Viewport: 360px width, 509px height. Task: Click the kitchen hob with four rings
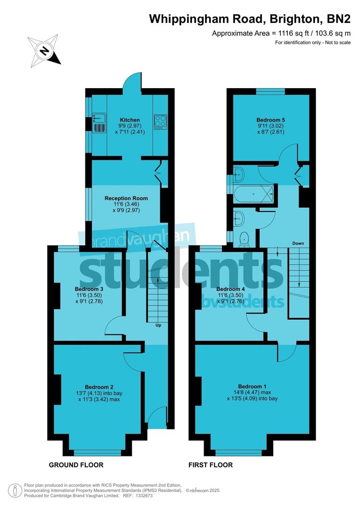[x=160, y=122]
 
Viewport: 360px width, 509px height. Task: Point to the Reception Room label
[x=123, y=198]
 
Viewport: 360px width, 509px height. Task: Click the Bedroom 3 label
[x=89, y=289]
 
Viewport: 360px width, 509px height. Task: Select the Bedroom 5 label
[x=270, y=120]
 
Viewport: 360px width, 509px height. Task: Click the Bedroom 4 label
[x=230, y=289]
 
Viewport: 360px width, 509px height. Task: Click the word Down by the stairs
[x=298, y=243]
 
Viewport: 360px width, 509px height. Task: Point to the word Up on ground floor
[x=158, y=325]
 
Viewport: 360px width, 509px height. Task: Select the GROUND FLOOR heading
[x=76, y=465]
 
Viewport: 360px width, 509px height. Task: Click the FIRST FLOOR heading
[x=210, y=465]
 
